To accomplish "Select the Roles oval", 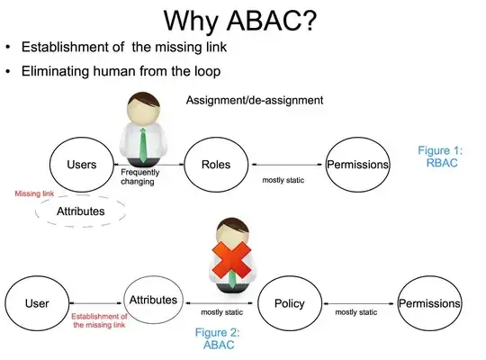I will pyautogui.click(x=217, y=165).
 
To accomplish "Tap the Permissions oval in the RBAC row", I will pyautogui.click(x=357, y=165).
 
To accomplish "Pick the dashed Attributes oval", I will pyautogui.click(x=82, y=211).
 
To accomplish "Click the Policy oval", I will pyautogui.click(x=289, y=303).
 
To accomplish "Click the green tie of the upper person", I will pyautogui.click(x=143, y=143).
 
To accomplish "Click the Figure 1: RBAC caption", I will pyautogui.click(x=444, y=157).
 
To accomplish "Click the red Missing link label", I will pyautogui.click(x=35, y=193).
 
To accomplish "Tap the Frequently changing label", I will pyautogui.click(x=142, y=175).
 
